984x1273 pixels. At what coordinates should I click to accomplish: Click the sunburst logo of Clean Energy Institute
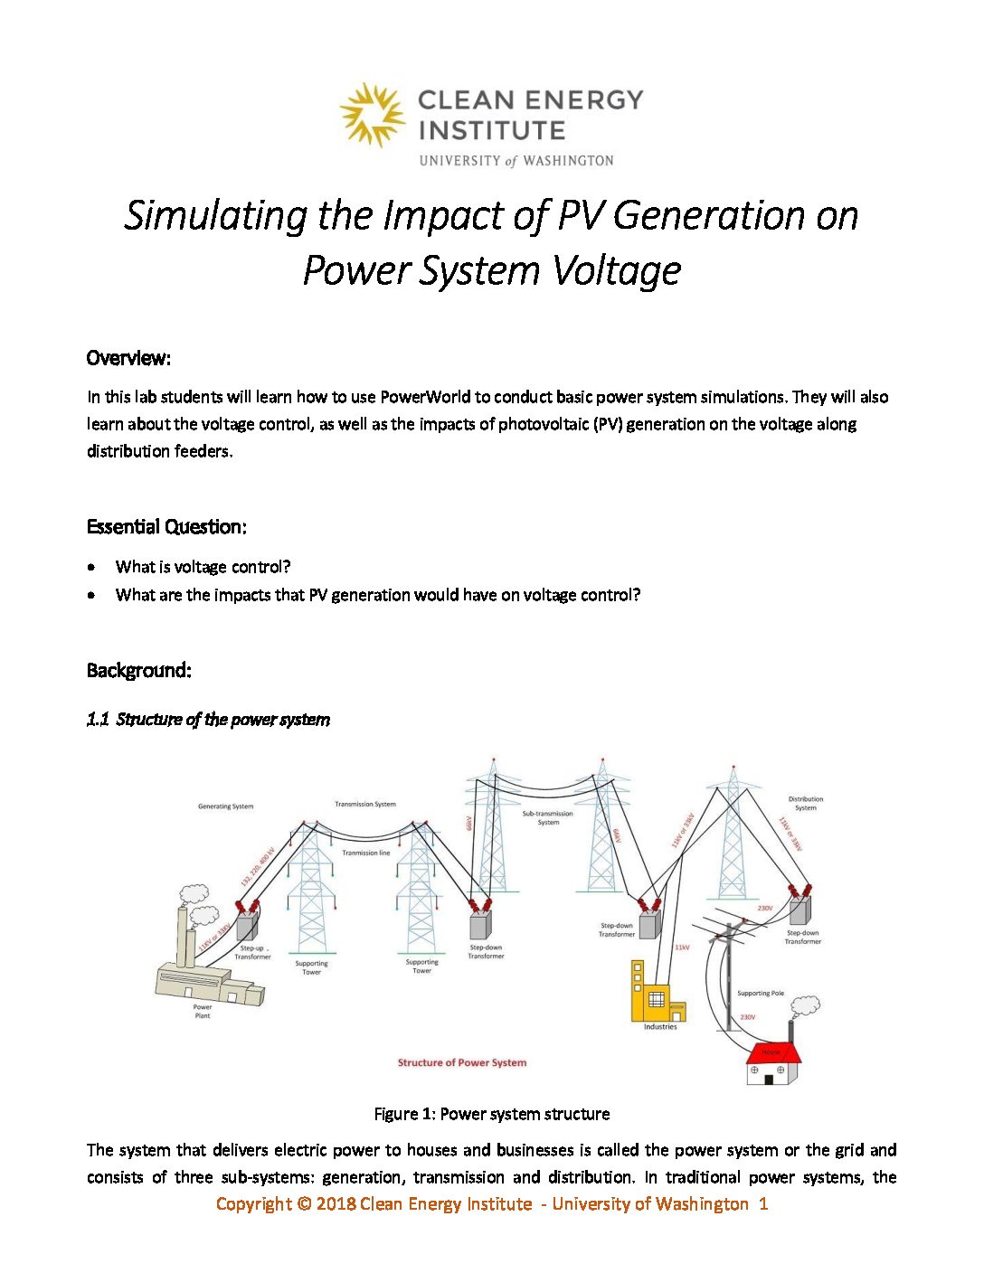tap(372, 114)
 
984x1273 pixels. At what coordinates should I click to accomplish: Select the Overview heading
tap(128, 358)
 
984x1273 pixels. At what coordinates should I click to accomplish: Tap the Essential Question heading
tap(166, 526)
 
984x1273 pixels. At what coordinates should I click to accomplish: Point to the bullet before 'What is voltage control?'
tap(91, 568)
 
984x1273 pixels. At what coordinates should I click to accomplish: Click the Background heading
tap(138, 670)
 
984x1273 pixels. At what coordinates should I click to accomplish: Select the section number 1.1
tap(98, 720)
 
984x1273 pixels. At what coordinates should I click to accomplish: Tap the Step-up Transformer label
tap(252, 952)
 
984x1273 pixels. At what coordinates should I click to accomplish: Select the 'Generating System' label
tap(225, 806)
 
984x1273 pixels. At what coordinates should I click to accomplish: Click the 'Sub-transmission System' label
tap(548, 817)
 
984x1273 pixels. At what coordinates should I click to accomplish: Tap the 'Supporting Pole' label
tap(760, 993)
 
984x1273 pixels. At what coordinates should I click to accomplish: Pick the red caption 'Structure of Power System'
tap(461, 1062)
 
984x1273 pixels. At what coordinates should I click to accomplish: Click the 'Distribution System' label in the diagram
tap(805, 803)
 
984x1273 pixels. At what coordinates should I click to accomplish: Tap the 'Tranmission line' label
tap(365, 853)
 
